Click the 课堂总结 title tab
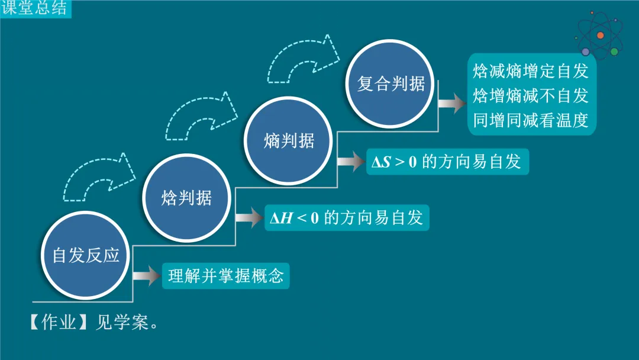click(x=34, y=9)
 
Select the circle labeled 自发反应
click(x=86, y=255)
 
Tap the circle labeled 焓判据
click(x=186, y=198)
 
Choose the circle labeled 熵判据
click(x=289, y=141)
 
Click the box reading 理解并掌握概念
click(x=226, y=276)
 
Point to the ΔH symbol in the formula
click(x=282, y=218)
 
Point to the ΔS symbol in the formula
click(x=380, y=162)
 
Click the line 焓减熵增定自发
click(x=531, y=72)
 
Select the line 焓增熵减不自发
click(x=531, y=96)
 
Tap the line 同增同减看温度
click(x=531, y=120)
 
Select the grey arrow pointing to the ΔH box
click(x=248, y=218)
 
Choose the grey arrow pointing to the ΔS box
click(x=351, y=161)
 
